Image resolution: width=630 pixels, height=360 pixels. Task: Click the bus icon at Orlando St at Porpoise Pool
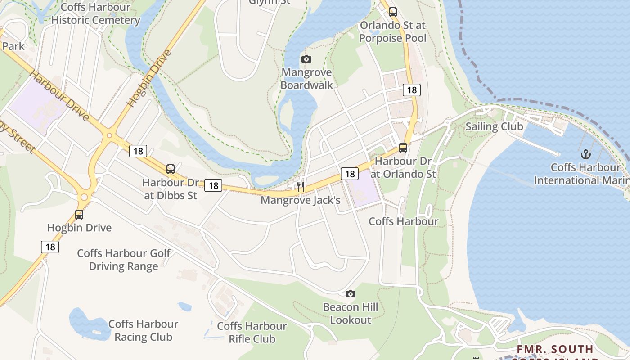tap(393, 12)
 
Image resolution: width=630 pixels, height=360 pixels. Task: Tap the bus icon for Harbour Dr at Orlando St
tap(403, 148)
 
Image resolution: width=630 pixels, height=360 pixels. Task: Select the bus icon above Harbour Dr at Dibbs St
tap(171, 169)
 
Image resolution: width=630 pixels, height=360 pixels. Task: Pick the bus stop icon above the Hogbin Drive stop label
tap(79, 214)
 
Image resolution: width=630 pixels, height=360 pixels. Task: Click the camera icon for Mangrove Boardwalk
tap(306, 59)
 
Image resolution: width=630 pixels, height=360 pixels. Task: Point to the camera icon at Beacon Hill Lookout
tap(350, 294)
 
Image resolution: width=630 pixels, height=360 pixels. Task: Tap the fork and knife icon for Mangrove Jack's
tap(301, 186)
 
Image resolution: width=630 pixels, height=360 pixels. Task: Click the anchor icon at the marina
tap(585, 154)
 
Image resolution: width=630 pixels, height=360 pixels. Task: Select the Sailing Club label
tap(494, 126)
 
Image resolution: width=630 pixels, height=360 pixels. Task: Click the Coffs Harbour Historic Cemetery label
tap(95, 13)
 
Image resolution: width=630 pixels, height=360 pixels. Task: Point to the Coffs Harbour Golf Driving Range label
tap(124, 260)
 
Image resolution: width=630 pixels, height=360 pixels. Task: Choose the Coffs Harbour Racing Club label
tap(143, 330)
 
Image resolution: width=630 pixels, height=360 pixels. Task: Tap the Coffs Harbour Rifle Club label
tap(252, 332)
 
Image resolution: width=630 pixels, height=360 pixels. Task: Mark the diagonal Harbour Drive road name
tap(60, 95)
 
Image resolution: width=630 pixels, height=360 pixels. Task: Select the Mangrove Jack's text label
tap(301, 200)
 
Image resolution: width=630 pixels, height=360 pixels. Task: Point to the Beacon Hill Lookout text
tap(351, 314)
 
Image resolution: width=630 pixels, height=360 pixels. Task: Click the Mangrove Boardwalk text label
tap(307, 79)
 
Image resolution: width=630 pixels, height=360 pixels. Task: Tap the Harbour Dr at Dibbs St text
tap(171, 189)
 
